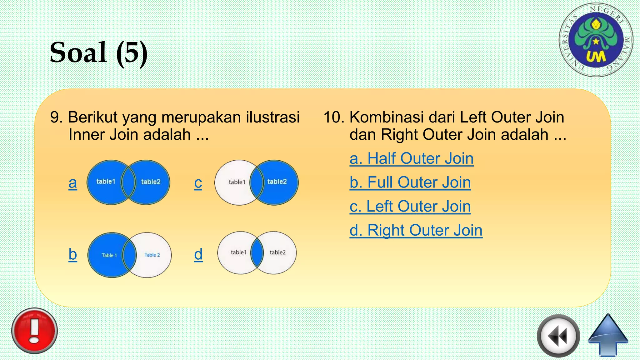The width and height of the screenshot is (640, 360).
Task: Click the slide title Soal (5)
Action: point(98,52)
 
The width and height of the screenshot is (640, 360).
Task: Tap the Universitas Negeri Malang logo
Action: point(596,40)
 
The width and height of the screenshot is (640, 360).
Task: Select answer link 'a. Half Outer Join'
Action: point(411,158)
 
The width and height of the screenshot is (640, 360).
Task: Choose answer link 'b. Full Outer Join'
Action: point(410,182)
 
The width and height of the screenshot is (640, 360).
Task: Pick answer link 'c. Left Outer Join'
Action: point(410,207)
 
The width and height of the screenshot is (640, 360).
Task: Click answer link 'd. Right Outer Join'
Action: point(416,231)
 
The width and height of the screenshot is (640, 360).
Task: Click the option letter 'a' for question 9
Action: point(73,183)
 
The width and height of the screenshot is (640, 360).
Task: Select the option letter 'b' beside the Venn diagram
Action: point(73,254)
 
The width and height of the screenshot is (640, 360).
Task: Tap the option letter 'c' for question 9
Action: point(198,183)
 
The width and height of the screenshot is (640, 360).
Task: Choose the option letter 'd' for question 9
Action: point(198,254)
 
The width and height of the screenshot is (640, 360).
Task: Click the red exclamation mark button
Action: point(34,331)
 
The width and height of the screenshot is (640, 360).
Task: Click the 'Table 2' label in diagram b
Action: point(152,255)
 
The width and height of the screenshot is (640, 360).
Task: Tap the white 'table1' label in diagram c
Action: point(237,182)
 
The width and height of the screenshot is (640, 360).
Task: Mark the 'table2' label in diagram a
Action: point(151,182)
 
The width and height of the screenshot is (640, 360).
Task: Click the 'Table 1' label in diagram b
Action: point(109,255)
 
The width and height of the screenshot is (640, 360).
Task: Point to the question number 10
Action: point(334,117)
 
